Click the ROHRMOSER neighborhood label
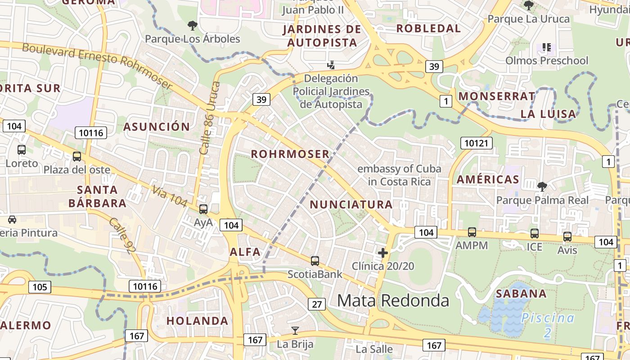click(290, 154)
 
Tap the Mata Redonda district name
click(393, 300)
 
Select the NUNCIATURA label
click(351, 204)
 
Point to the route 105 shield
click(40, 287)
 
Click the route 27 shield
click(317, 304)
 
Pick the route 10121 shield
click(477, 143)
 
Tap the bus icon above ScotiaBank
click(315, 261)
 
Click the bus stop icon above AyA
click(203, 209)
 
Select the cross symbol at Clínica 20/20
click(383, 253)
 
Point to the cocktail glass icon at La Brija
click(295, 331)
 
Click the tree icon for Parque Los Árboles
click(193, 25)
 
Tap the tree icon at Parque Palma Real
click(542, 186)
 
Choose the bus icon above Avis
click(567, 237)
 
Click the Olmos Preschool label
click(547, 60)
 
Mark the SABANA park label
click(521, 294)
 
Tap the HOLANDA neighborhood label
click(198, 321)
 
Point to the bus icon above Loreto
click(22, 150)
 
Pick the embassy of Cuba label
click(399, 175)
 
